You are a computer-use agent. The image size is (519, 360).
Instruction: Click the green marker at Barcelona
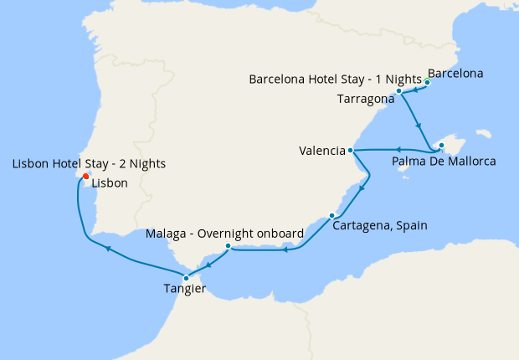click(x=427, y=82)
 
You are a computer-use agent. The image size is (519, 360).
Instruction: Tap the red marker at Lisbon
click(x=86, y=176)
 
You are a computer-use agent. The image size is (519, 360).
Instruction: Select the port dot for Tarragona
click(x=400, y=90)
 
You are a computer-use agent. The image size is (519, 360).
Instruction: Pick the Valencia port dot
click(x=351, y=151)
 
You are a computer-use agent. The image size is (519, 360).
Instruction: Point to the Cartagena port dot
click(x=331, y=216)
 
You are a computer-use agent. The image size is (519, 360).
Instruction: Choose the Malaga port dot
click(x=228, y=246)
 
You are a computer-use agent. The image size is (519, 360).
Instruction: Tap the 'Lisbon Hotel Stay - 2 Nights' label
click(x=89, y=163)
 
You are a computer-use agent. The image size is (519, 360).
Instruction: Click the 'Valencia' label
click(x=322, y=152)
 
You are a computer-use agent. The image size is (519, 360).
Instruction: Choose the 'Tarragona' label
click(x=365, y=99)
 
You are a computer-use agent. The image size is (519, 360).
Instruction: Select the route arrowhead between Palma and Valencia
click(x=393, y=151)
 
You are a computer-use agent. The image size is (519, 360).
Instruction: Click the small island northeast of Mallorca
click(x=481, y=133)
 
